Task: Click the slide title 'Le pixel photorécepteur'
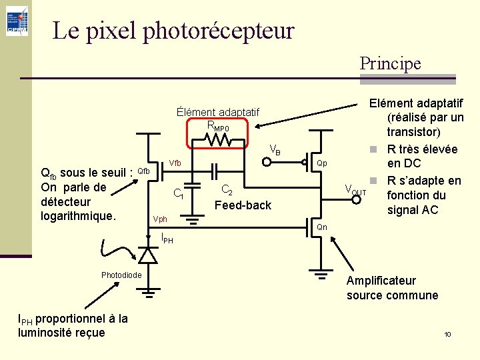click(173, 30)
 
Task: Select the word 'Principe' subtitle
click(390, 63)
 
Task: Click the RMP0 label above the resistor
click(218, 126)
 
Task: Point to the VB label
click(275, 151)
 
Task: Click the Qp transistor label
click(322, 163)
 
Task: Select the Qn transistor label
click(321, 227)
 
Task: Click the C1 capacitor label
click(179, 194)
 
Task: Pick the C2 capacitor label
click(227, 190)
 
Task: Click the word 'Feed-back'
click(243, 205)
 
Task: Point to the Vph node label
click(160, 219)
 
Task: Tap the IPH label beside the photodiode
click(167, 238)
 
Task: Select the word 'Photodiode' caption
click(121, 275)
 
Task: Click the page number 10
click(448, 334)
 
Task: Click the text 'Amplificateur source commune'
click(392, 288)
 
